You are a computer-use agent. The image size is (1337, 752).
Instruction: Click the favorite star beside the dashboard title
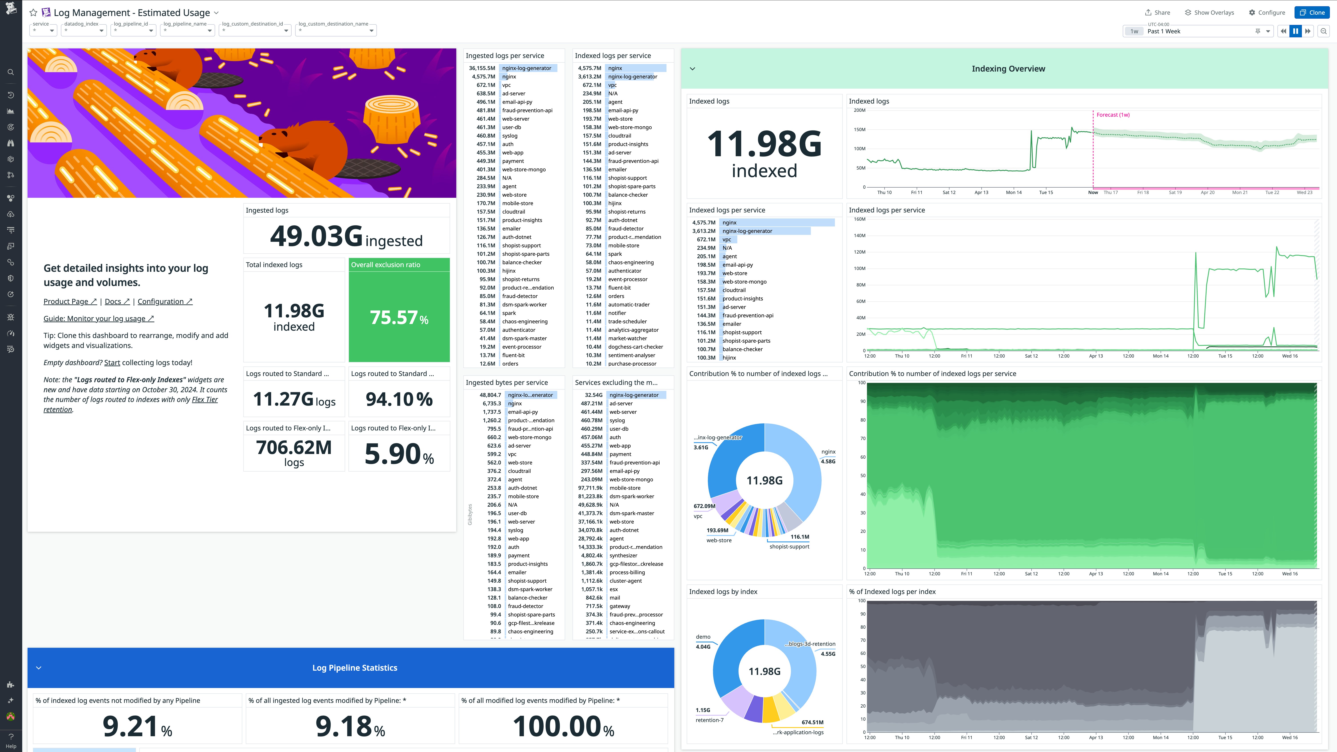coord(33,12)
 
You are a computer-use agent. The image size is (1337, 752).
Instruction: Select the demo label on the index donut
coord(703,637)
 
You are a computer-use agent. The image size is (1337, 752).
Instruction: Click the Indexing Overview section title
coord(1008,69)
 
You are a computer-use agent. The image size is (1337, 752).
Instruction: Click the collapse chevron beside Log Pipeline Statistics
coord(38,668)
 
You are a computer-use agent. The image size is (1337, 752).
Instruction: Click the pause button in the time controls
coord(1295,31)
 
